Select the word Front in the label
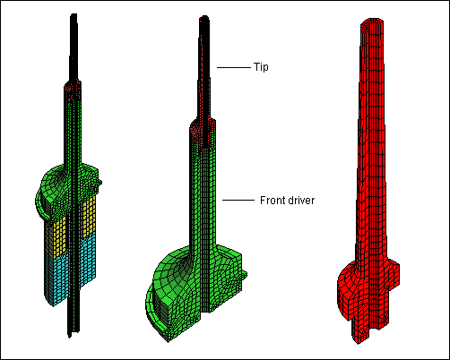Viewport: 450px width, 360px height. pos(273,200)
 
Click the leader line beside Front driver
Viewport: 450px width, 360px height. pos(238,200)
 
